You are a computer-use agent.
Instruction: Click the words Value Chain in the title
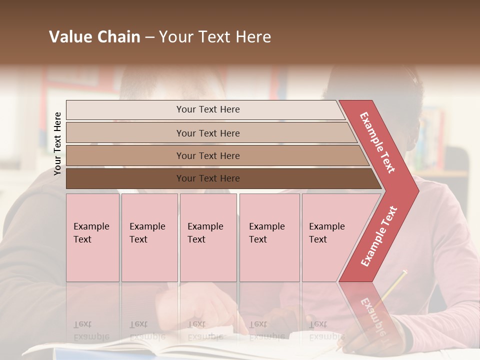(94, 37)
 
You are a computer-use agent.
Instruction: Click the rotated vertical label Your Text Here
(57, 143)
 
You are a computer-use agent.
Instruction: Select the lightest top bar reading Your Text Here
(208, 109)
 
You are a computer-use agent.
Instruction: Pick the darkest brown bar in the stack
(208, 178)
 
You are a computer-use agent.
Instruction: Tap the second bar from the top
(208, 133)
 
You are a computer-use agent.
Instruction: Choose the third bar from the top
(208, 156)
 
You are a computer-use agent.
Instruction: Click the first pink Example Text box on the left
(92, 237)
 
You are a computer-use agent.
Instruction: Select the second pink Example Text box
(149, 237)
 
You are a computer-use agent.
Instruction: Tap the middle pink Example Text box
(208, 237)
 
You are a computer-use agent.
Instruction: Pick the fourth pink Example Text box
(269, 237)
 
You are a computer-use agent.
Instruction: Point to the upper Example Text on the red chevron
(378, 142)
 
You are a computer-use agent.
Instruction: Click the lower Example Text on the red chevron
(379, 236)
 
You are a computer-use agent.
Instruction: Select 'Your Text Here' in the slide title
(215, 37)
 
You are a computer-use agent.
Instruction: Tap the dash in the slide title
(149, 37)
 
